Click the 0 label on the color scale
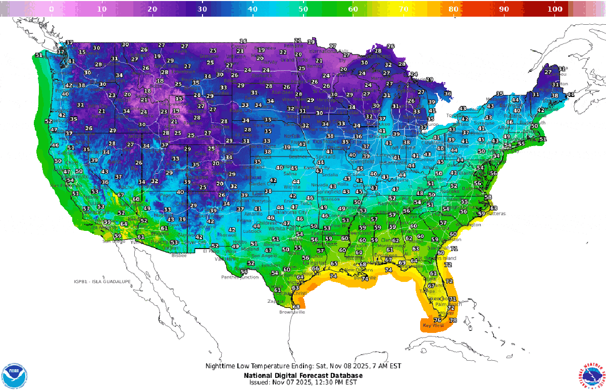[x=51, y=9]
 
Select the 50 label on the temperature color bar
[x=303, y=9]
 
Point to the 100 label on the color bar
[x=554, y=9]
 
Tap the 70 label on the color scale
[x=403, y=9]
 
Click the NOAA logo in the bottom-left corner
[x=15, y=375]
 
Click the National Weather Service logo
[x=590, y=375]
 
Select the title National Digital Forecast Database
[x=303, y=376]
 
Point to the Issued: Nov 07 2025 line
[x=303, y=382]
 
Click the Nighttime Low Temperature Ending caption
[x=303, y=366]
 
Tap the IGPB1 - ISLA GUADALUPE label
[x=102, y=281]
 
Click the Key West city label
[x=433, y=326]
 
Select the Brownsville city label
[x=292, y=312]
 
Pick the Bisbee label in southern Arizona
[x=179, y=256]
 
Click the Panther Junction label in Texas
[x=240, y=277]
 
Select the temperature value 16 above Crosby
[x=243, y=41]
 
